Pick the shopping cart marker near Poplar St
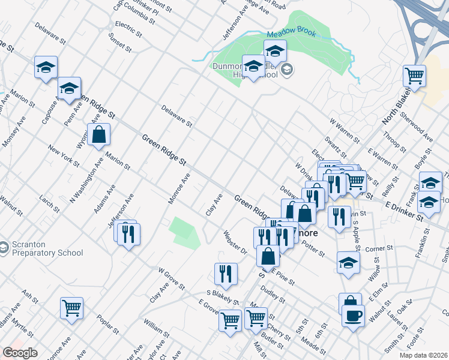pos(71,308)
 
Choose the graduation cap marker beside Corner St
pos(348,263)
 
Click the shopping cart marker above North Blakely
pos(414,76)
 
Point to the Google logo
pos(20,353)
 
